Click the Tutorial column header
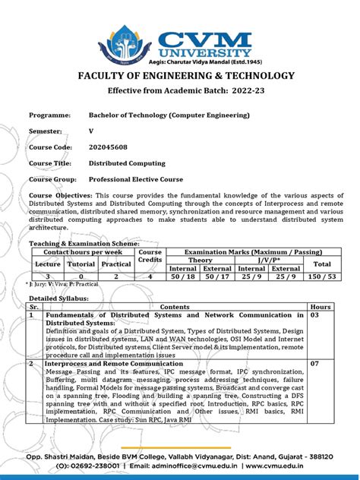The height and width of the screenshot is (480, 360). point(81,263)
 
